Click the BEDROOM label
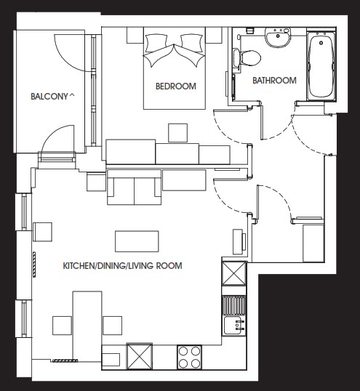[x=175, y=86]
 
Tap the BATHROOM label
[x=274, y=80]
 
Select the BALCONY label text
[x=49, y=97]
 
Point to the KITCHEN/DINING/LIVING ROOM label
[x=122, y=265]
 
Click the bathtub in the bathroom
[x=321, y=66]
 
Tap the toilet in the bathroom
[x=247, y=58]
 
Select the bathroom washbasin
[x=278, y=37]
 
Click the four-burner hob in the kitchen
[x=189, y=357]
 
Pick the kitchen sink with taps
[x=234, y=325]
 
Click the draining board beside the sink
[x=234, y=305]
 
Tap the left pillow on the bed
[x=156, y=43]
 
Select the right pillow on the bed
[x=191, y=43]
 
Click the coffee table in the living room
[x=137, y=241]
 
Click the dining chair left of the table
[x=62, y=326]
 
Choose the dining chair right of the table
[x=112, y=326]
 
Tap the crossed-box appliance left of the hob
[x=140, y=356]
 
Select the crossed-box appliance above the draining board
[x=234, y=273]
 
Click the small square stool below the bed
[x=177, y=133]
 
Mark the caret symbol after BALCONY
[x=71, y=94]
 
